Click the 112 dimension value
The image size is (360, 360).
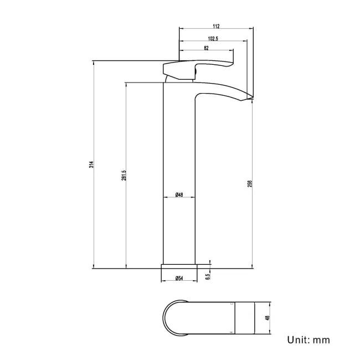click(x=216, y=26)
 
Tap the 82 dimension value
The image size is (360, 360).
click(x=206, y=49)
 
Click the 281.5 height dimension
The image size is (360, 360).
click(x=125, y=175)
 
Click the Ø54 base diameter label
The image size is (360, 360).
click(x=179, y=279)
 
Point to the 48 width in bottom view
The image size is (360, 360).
click(x=267, y=318)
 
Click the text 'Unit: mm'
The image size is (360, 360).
click(x=308, y=340)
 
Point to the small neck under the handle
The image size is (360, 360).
click(x=178, y=79)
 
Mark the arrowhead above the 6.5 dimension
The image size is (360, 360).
click(x=210, y=261)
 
